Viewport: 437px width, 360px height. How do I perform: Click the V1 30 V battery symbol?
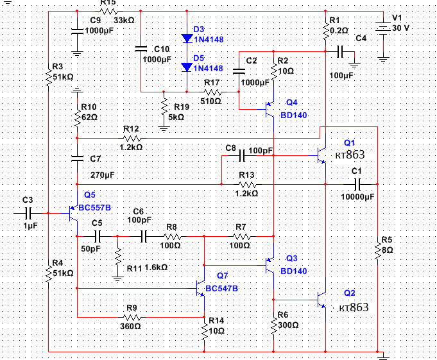tap(383, 28)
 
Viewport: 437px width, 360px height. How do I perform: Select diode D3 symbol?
tap(187, 38)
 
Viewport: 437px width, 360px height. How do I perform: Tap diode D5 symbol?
tap(187, 67)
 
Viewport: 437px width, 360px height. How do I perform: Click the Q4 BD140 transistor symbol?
tap(270, 109)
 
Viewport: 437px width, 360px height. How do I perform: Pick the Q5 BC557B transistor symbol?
tap(73, 214)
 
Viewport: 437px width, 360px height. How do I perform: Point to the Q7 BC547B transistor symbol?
tap(201, 288)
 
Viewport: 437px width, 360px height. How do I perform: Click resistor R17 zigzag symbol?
tap(213, 92)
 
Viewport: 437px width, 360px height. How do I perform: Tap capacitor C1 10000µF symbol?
tap(357, 184)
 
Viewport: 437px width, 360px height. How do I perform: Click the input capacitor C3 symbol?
tap(28, 214)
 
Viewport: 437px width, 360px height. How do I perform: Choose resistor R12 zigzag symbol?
tap(132, 138)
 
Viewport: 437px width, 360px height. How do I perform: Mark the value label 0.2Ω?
tap(339, 30)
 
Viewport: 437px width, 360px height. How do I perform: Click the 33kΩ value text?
tap(124, 21)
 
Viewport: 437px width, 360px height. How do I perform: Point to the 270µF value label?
tap(102, 175)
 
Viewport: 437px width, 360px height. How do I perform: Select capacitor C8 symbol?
tap(242, 155)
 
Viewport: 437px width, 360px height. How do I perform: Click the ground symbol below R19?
tap(164, 129)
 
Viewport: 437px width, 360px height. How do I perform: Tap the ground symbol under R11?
tap(117, 279)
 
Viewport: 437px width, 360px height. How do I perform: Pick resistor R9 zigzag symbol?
tap(132, 317)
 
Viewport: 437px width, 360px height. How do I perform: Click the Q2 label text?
tap(350, 293)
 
